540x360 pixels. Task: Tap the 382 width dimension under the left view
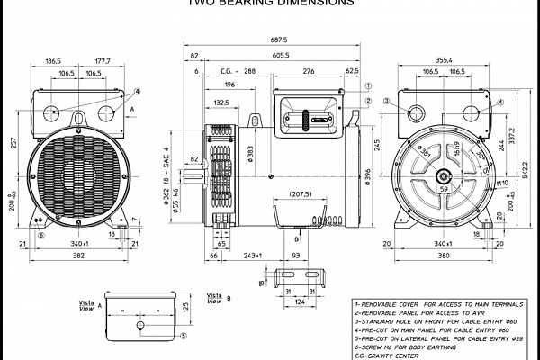(79, 256)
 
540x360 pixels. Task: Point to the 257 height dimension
(12, 143)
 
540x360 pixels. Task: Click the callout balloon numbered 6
(40, 235)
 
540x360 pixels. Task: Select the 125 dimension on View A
(186, 309)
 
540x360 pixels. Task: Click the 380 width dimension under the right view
(442, 256)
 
